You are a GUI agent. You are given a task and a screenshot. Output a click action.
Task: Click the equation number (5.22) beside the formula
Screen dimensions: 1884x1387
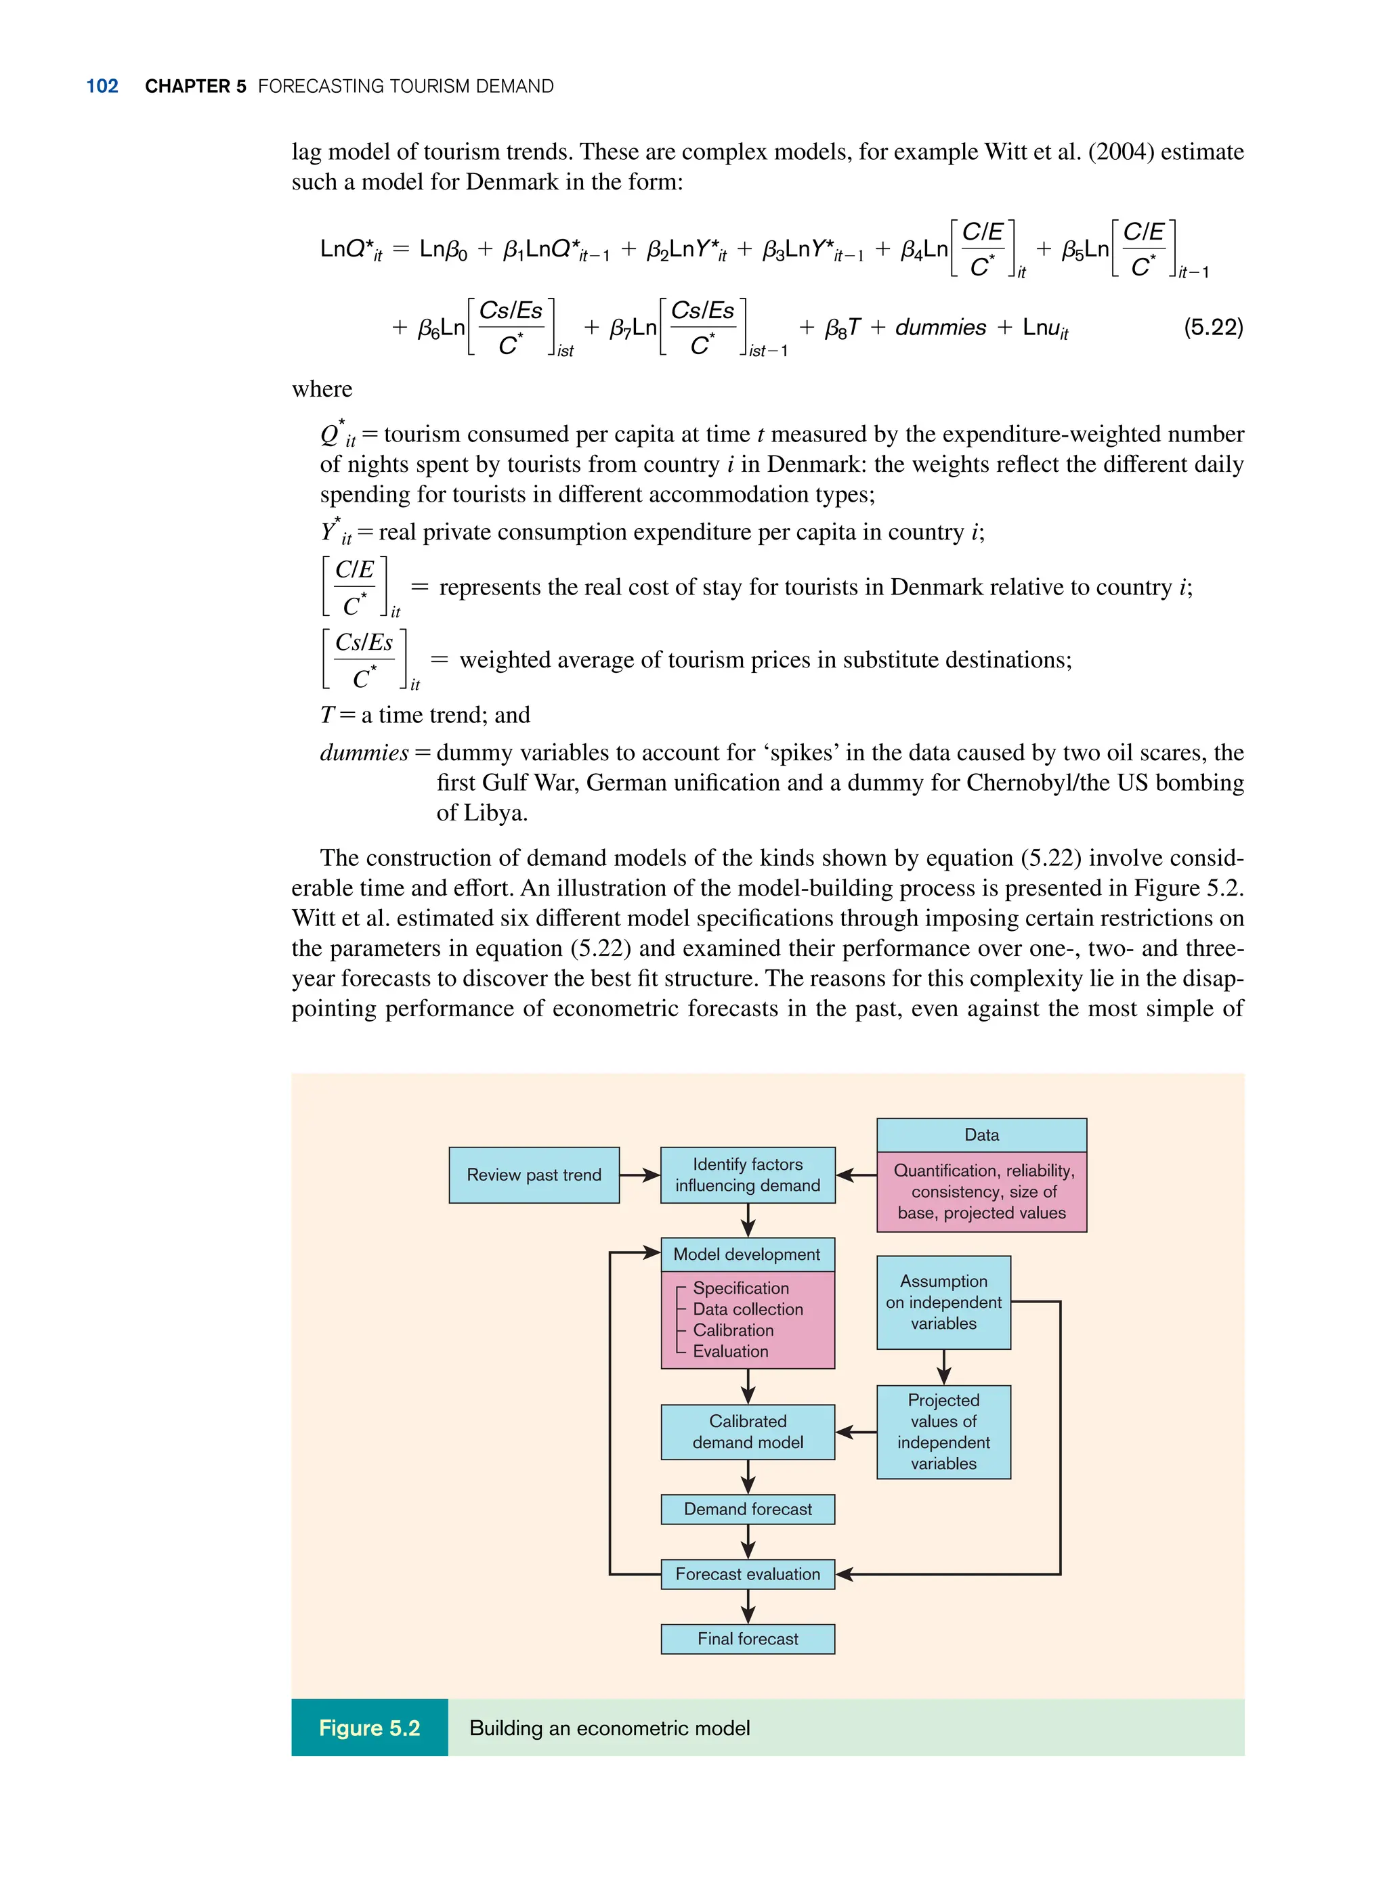[x=1212, y=326]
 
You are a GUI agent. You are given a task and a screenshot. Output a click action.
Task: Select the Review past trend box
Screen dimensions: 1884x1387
[x=534, y=1175]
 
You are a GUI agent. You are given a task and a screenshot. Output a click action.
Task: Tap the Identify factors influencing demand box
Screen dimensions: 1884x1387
[x=747, y=1175]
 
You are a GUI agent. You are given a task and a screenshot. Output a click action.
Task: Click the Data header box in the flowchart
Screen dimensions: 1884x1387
[x=981, y=1135]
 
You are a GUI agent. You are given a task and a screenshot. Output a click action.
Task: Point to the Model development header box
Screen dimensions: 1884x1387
[x=747, y=1254]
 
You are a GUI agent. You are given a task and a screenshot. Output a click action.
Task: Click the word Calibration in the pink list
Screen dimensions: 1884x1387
[x=733, y=1330]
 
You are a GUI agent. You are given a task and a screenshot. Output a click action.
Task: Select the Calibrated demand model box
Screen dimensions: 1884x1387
[x=747, y=1432]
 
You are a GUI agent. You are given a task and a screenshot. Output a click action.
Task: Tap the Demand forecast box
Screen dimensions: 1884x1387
[x=747, y=1509]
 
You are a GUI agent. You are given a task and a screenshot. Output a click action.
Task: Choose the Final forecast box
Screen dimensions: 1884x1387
[x=747, y=1639]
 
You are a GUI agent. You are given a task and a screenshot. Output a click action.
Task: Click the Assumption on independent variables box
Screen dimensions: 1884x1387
[x=943, y=1302]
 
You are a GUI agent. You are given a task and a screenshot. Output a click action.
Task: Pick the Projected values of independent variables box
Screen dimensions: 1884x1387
[x=943, y=1432]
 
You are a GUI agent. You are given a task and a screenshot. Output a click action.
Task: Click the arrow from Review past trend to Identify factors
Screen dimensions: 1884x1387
[x=641, y=1175]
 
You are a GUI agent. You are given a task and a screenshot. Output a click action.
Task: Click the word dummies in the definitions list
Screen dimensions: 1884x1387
[x=364, y=753]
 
